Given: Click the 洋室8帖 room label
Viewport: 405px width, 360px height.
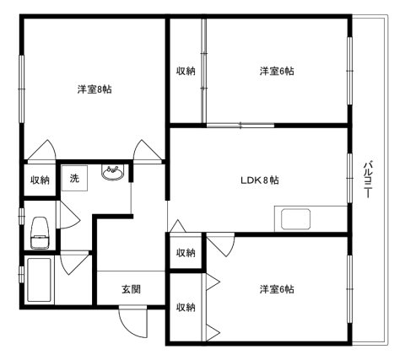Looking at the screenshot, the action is (x=94, y=89).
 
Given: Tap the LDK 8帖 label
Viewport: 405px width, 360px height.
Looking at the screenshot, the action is (x=260, y=180).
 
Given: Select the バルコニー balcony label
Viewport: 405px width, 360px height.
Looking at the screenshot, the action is (x=368, y=180).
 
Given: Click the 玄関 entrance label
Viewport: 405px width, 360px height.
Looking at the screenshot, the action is (x=131, y=289).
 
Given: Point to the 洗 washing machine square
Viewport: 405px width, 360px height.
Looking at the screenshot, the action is (x=74, y=178).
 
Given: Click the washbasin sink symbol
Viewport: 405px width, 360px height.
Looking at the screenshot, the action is (x=112, y=173).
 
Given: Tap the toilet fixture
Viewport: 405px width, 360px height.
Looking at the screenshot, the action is (x=40, y=233).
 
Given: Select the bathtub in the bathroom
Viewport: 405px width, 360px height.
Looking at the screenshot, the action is (x=39, y=280).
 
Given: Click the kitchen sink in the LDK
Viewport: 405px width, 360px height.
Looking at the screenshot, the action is (x=296, y=219).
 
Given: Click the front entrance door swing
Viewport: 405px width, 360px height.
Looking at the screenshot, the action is (x=133, y=322).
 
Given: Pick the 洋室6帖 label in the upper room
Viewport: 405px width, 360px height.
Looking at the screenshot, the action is (x=277, y=71).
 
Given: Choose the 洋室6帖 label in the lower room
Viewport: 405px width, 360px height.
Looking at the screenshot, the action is (x=277, y=289).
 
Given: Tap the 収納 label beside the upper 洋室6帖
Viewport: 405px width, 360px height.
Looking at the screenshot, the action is (x=186, y=71).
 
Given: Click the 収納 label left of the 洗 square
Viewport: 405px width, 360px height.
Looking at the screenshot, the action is (x=40, y=180).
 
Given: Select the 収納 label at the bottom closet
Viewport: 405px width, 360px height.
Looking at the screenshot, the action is (x=186, y=308).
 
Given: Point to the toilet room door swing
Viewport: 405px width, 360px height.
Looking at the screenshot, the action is (x=68, y=215).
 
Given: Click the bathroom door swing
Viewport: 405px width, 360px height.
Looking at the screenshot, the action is (x=74, y=263).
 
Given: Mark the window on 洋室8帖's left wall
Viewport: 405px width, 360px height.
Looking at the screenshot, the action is (x=21, y=89).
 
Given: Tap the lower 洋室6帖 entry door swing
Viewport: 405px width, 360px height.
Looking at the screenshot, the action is (x=220, y=244).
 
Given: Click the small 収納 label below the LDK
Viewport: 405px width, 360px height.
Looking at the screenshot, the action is (x=186, y=253).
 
